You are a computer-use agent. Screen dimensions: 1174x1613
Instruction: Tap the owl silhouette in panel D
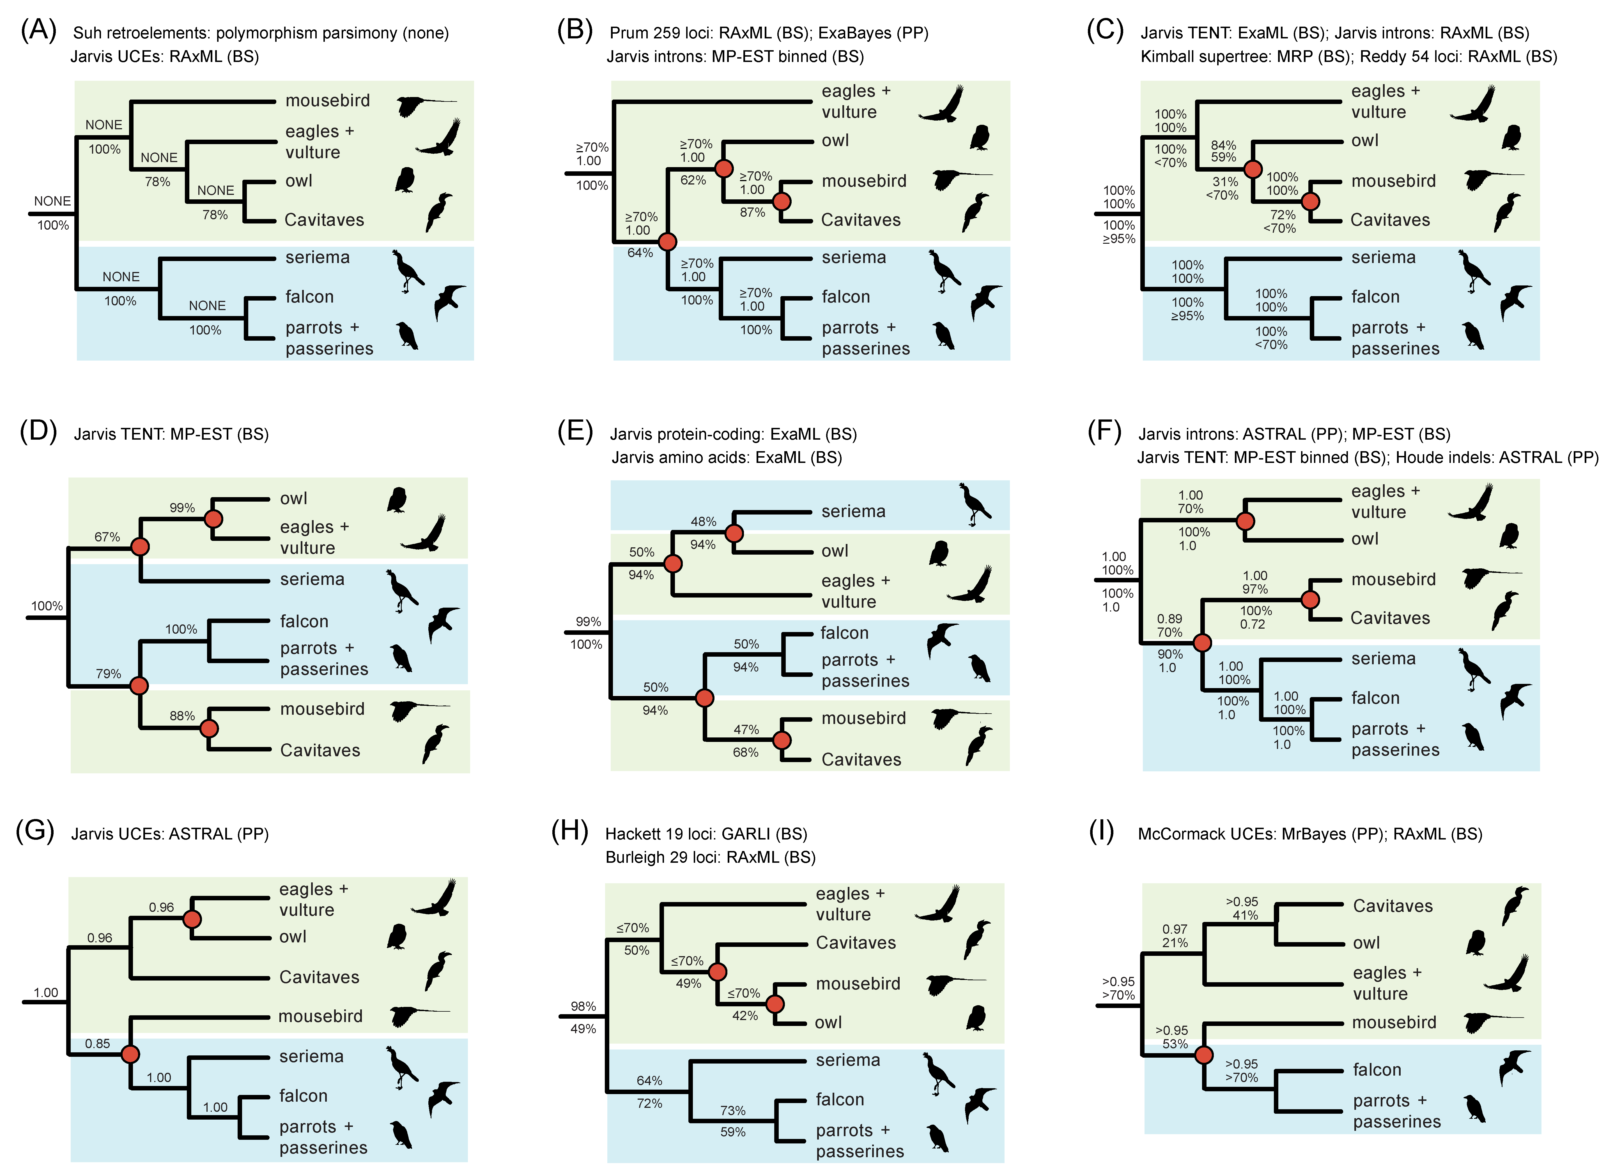[x=397, y=500]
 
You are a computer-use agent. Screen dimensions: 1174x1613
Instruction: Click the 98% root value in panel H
[x=583, y=1006]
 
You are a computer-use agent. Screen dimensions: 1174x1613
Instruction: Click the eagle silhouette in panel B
[x=942, y=105]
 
